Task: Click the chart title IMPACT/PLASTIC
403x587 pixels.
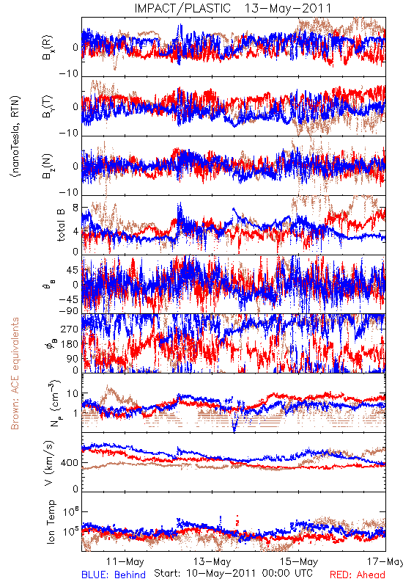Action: pyautogui.click(x=182, y=8)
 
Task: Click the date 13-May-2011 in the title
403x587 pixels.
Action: pyautogui.click(x=288, y=8)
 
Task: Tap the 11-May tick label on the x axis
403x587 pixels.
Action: pyautogui.click(x=125, y=561)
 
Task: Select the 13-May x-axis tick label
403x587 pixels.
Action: pyautogui.click(x=212, y=561)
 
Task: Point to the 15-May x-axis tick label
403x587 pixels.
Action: pyautogui.click(x=299, y=561)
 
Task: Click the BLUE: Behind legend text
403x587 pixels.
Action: pyautogui.click(x=114, y=575)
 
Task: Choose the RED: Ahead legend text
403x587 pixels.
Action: pyautogui.click(x=358, y=575)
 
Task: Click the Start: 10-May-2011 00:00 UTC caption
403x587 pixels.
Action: pyautogui.click(x=233, y=573)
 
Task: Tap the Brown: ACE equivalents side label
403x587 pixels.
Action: pyautogui.click(x=15, y=373)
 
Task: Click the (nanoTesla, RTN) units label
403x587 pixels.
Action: pyautogui.click(x=15, y=136)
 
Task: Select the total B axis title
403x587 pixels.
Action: pyautogui.click(x=61, y=225)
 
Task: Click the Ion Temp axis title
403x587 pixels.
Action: pyautogui.click(x=51, y=522)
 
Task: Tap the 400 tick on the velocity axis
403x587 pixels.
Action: pyautogui.click(x=70, y=463)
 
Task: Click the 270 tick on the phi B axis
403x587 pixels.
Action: pyautogui.click(x=70, y=329)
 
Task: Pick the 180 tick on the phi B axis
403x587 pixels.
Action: pyautogui.click(x=70, y=344)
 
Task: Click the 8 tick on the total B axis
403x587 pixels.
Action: pyautogui.click(x=75, y=208)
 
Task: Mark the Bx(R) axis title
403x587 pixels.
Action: pyautogui.click(x=48, y=48)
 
